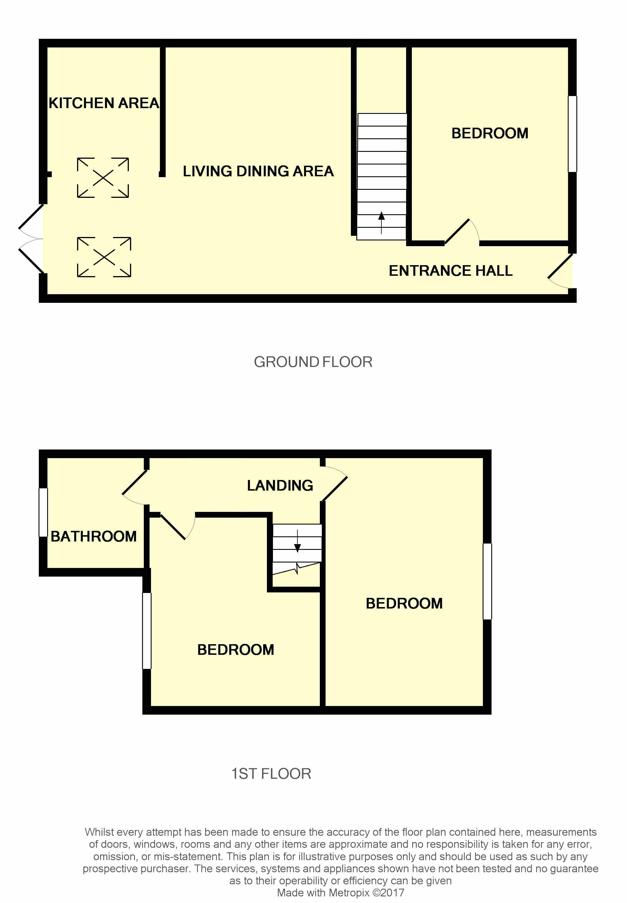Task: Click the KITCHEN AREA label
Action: click(x=104, y=103)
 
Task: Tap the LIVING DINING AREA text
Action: click(x=258, y=171)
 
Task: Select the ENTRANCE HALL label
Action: click(x=451, y=271)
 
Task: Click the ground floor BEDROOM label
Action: click(x=490, y=133)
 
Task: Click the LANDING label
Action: click(x=280, y=485)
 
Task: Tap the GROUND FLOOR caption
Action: click(x=313, y=362)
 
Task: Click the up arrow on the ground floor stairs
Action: click(x=381, y=223)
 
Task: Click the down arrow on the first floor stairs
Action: click(x=297, y=541)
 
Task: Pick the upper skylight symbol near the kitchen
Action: click(x=103, y=177)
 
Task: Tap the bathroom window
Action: click(x=43, y=512)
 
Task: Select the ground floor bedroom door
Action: click(x=462, y=231)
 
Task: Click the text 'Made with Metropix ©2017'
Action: click(x=340, y=892)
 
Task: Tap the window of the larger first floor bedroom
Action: click(x=487, y=581)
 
